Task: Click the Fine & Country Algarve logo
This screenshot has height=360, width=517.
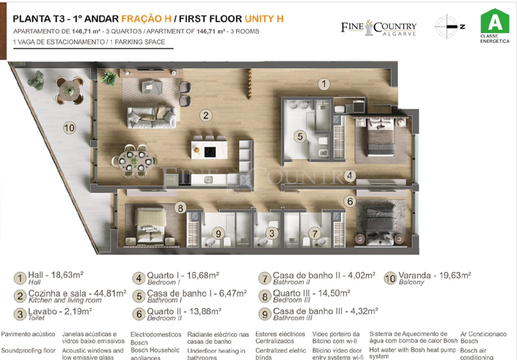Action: (378, 28)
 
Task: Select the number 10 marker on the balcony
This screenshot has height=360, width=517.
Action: (69, 128)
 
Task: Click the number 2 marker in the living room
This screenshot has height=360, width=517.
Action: (207, 115)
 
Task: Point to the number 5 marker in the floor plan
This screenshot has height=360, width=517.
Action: (300, 136)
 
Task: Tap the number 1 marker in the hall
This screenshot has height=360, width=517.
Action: (324, 84)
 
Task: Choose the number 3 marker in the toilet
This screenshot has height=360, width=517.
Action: (272, 233)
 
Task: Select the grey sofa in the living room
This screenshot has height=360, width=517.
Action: (151, 117)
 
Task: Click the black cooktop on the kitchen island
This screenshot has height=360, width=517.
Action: (210, 153)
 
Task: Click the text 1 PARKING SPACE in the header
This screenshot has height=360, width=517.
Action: (143, 43)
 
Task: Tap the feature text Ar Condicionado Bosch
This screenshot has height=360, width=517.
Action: (483, 337)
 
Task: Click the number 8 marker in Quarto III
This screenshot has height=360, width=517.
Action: (180, 208)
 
